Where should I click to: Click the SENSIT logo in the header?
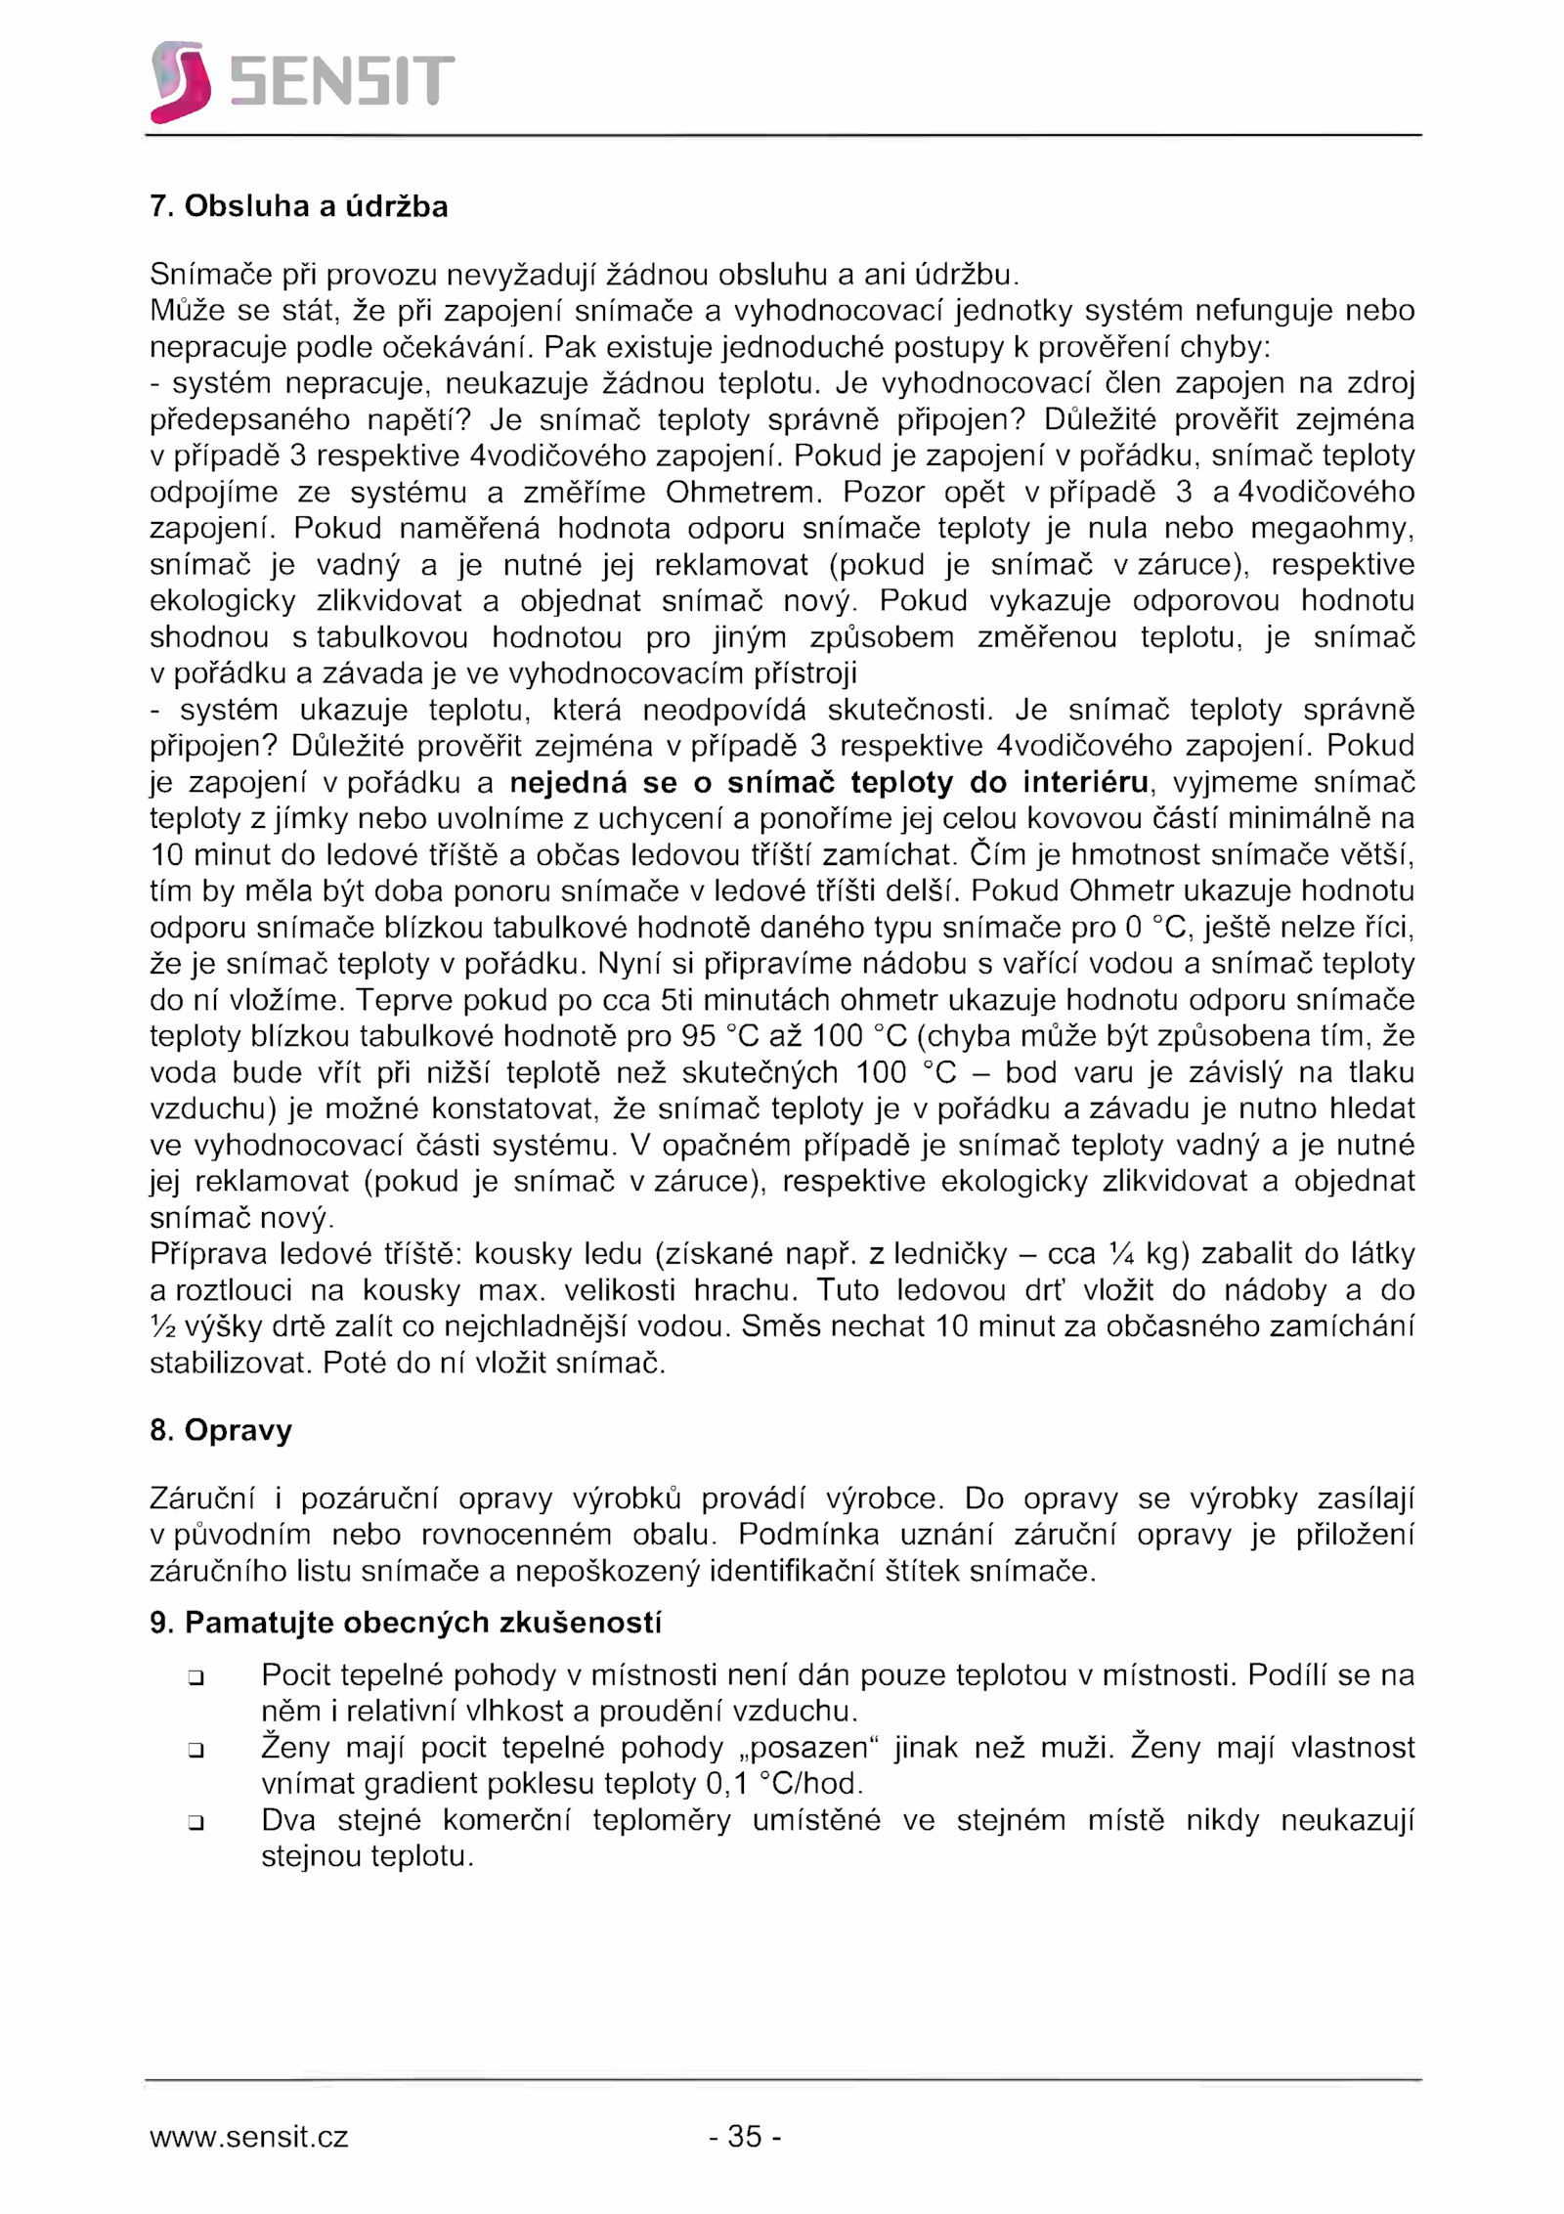[x=302, y=81]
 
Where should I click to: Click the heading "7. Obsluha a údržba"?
[x=298, y=206]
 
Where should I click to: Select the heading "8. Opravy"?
[x=221, y=1430]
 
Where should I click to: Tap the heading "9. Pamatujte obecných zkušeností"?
[x=406, y=1623]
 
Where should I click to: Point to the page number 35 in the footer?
[x=745, y=2136]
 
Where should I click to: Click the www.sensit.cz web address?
[x=248, y=2137]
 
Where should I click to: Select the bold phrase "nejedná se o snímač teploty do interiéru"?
[x=829, y=782]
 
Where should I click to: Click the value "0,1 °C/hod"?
[x=783, y=1784]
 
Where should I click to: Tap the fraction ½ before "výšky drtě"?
[x=163, y=1326]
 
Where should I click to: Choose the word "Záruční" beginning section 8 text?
[x=202, y=1498]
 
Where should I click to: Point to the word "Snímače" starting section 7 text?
[x=210, y=275]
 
